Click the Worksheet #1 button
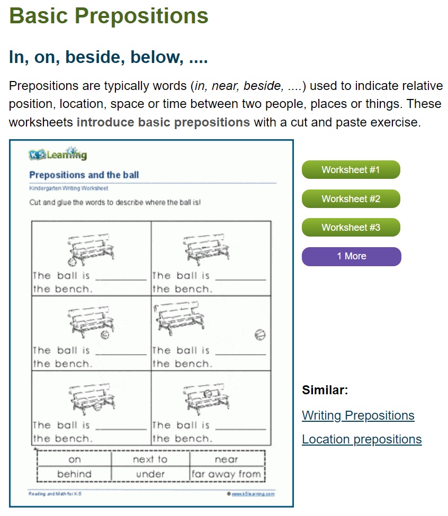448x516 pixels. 351,170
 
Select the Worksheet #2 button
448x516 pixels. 351,199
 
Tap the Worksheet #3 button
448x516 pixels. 351,228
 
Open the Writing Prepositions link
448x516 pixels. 358,415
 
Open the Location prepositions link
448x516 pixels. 362,439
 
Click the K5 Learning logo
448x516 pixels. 58,155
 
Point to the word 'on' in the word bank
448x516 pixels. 74,459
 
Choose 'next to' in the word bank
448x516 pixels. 150,459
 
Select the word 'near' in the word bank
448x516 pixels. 226,459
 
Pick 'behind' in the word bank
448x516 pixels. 74,474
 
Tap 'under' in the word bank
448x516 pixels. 150,474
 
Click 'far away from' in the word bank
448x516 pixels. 226,474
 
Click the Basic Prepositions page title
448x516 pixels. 109,16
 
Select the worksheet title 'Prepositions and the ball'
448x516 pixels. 84,175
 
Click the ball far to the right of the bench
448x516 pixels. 259,334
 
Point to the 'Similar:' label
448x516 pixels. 325,391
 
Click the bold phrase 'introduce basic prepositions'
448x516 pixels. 163,122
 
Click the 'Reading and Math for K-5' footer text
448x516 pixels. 55,494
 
